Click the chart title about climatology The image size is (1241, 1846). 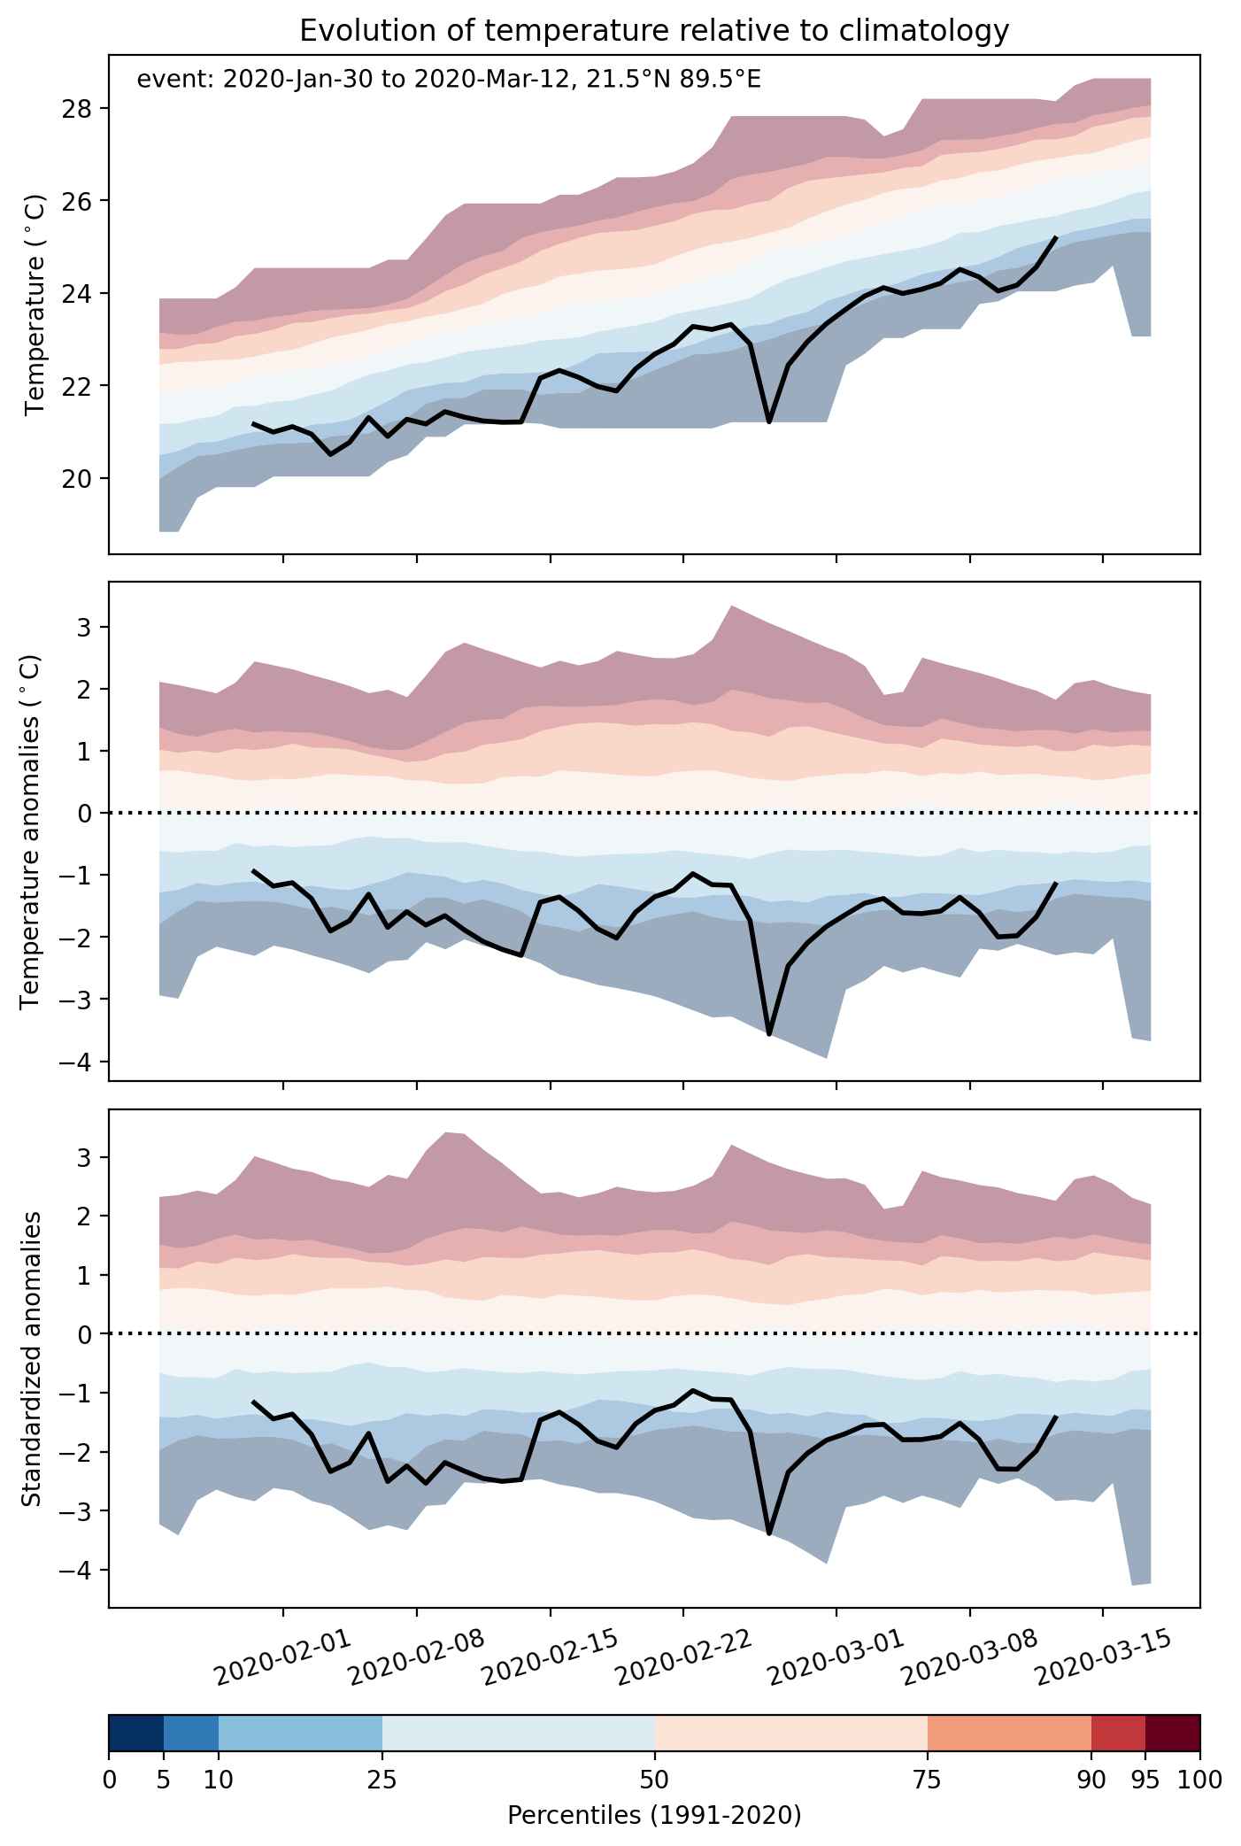tap(654, 31)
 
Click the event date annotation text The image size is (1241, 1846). tap(449, 80)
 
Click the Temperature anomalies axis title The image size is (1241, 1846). tap(32, 830)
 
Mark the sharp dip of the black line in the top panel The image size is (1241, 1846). tap(769, 421)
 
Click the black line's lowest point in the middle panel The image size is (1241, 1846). tap(769, 1033)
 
